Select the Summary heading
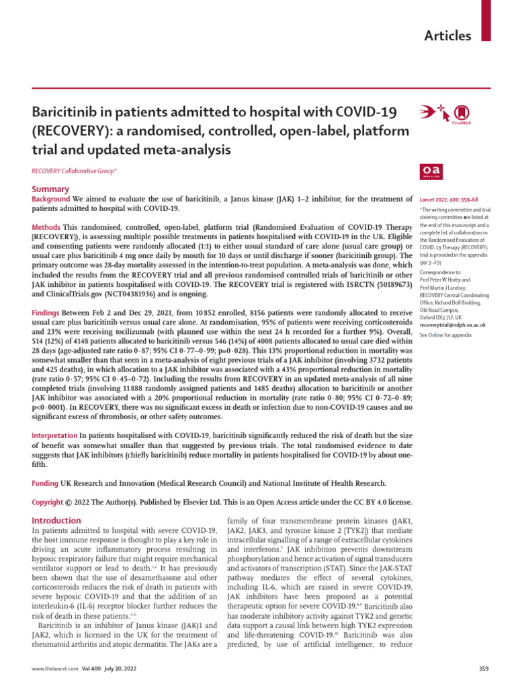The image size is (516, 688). [50, 189]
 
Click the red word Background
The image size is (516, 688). [51, 199]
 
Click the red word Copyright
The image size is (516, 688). [48, 502]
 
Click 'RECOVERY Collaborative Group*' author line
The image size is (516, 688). [75, 172]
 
